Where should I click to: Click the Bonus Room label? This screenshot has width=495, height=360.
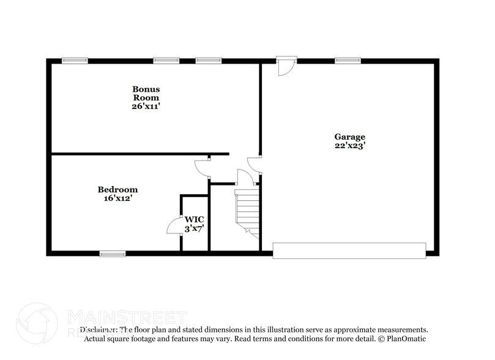click(146, 92)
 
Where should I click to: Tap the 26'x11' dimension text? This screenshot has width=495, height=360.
click(146, 106)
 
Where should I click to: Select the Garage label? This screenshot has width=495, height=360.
click(349, 137)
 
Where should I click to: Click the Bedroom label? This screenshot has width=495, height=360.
click(117, 190)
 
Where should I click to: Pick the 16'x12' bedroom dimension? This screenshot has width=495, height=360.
click(117, 198)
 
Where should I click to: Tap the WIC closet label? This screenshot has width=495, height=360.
click(195, 219)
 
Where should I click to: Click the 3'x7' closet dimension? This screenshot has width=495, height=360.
click(195, 228)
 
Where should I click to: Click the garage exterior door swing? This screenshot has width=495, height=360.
click(285, 67)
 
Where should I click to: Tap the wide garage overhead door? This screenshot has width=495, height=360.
click(349, 250)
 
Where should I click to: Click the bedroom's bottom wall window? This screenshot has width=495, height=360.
click(113, 253)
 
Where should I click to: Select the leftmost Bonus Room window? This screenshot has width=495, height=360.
click(75, 60)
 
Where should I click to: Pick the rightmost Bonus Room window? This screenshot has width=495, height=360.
click(208, 60)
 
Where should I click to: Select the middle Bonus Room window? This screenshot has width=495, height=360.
click(166, 60)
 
